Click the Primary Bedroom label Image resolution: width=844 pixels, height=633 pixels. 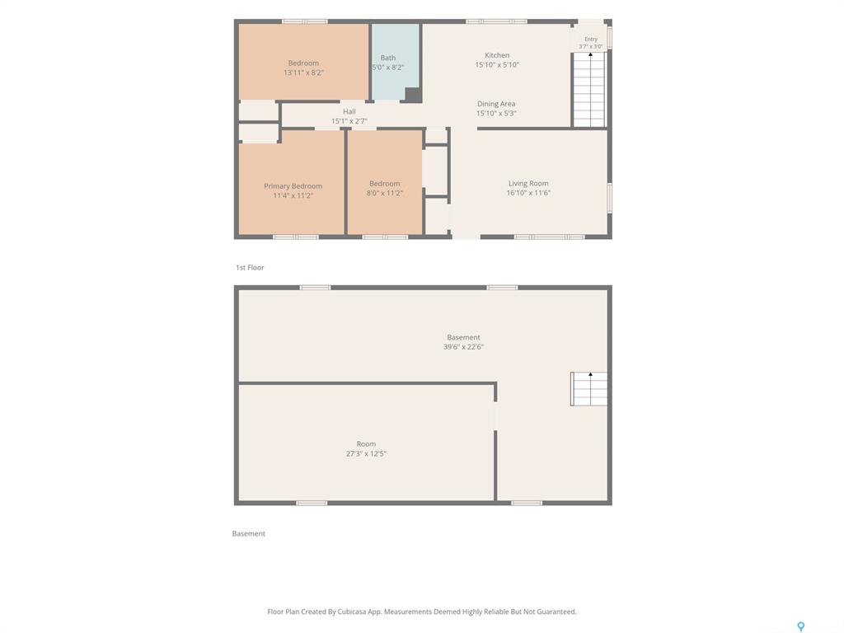293,185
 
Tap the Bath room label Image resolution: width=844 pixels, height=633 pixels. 387,58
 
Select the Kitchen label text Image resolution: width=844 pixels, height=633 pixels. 497,55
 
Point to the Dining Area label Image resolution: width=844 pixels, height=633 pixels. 495,103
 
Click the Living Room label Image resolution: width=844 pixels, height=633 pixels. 528,183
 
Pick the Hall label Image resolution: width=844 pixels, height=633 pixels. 349,111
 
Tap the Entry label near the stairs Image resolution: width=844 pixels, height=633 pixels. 590,39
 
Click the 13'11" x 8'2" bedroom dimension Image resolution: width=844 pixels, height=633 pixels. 303,73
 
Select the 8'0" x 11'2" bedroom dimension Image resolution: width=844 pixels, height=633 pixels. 384,193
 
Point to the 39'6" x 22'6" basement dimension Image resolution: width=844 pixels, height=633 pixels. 463,347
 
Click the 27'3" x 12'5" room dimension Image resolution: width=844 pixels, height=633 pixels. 366,453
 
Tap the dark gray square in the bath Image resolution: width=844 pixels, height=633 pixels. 413,94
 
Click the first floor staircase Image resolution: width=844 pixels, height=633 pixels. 590,89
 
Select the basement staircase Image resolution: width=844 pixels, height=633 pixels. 588,389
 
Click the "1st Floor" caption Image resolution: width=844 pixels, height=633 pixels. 250,267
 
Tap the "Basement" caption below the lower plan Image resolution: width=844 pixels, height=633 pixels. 249,533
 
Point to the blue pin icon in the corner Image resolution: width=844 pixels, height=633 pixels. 801,626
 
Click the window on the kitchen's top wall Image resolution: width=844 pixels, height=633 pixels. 496,21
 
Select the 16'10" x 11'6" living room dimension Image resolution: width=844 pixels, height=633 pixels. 528,193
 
